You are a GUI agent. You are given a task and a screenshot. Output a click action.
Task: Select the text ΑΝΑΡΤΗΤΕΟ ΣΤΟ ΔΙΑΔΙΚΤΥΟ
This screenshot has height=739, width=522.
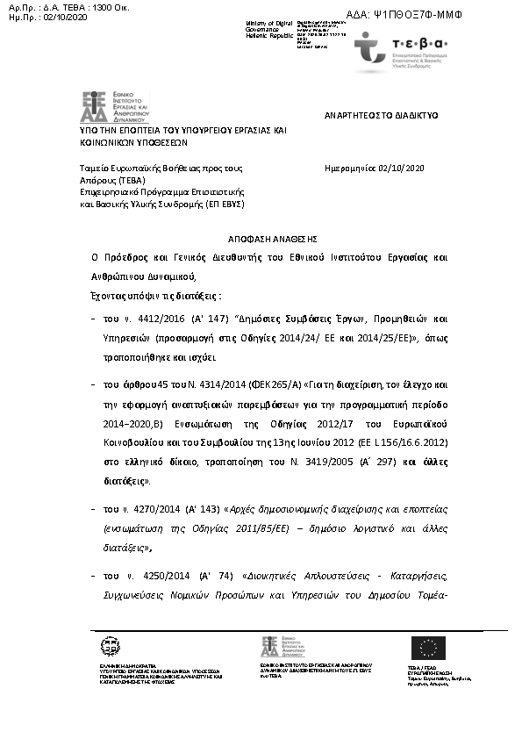[381, 116]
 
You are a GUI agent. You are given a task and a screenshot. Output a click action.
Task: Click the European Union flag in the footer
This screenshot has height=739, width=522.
[427, 647]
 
